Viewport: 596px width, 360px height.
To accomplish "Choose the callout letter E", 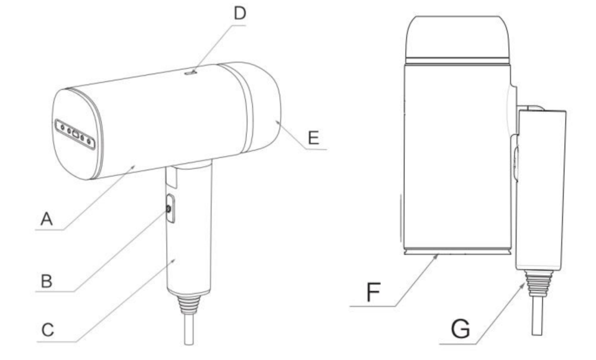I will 314,137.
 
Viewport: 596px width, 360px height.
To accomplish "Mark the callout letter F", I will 371,293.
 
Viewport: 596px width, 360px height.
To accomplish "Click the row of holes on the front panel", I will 75,134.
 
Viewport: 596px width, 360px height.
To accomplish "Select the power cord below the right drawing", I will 536,317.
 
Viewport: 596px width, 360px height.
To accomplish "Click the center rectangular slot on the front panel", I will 74,133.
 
